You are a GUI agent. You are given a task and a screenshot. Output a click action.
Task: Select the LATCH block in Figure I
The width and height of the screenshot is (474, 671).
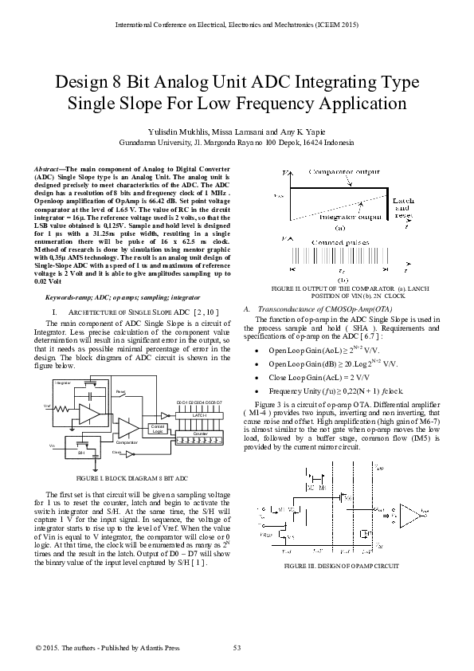[x=200, y=415]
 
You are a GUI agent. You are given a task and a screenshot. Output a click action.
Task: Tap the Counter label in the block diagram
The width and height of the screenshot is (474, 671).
[x=200, y=433]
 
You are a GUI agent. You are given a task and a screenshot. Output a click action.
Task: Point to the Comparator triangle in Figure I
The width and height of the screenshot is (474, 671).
[x=127, y=428]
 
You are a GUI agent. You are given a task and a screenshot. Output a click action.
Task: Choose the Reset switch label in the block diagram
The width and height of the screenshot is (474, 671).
[x=120, y=392]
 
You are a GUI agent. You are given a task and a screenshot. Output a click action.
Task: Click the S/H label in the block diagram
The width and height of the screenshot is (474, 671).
[x=80, y=451]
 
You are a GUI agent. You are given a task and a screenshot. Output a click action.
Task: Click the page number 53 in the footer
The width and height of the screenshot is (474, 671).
[x=237, y=646]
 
